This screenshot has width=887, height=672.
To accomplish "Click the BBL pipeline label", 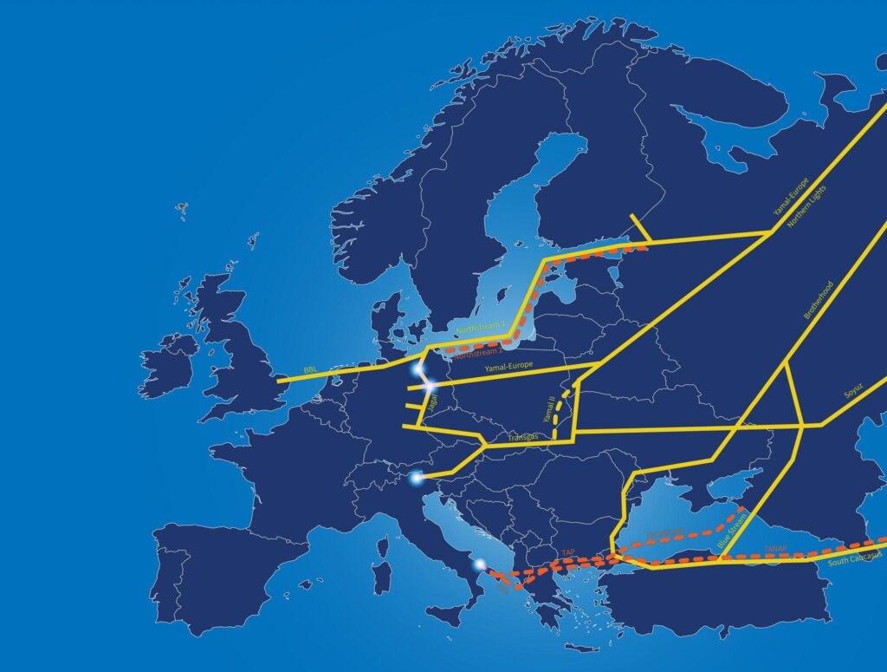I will click(x=310, y=370).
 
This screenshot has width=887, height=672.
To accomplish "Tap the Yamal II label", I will click(x=548, y=408).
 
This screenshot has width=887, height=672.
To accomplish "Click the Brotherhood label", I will click(x=819, y=300).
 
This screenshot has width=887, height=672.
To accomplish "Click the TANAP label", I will click(x=775, y=548).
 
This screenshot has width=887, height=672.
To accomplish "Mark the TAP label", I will click(x=568, y=551).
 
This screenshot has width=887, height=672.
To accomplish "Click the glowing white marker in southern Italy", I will click(x=480, y=565).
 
